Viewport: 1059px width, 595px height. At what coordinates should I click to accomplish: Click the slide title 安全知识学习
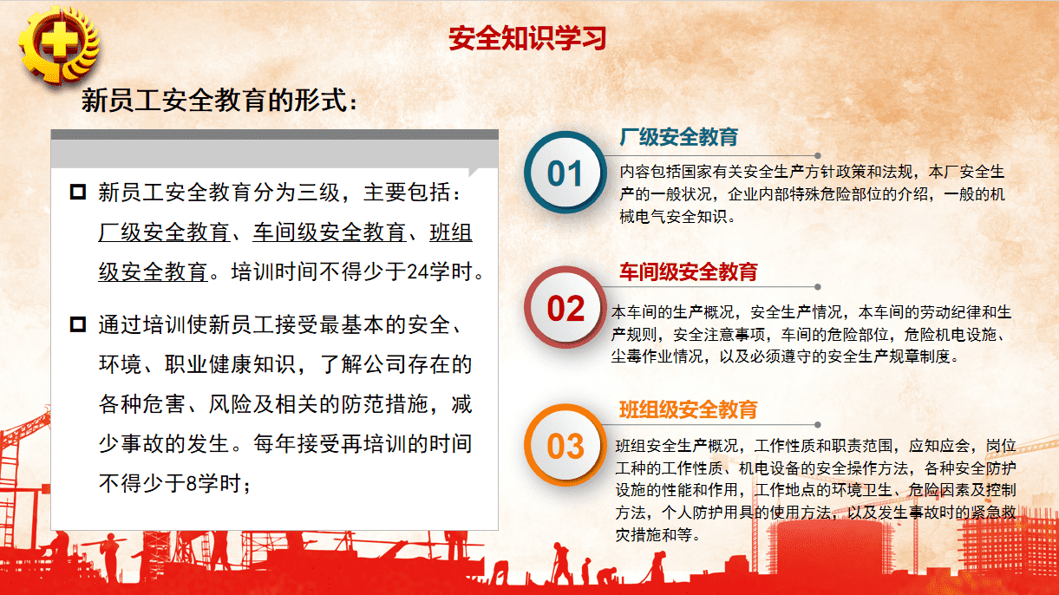[x=527, y=38]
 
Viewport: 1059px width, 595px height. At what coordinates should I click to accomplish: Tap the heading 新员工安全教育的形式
[x=219, y=101]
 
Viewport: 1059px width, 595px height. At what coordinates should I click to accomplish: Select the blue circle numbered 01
[x=565, y=173]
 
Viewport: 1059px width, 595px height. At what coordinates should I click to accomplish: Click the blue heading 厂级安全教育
[x=678, y=137]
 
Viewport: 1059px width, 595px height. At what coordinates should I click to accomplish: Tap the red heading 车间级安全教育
[x=688, y=271]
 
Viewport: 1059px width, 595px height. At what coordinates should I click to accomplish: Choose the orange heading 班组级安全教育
[x=688, y=409]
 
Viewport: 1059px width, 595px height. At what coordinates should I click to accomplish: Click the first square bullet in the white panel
[x=78, y=192]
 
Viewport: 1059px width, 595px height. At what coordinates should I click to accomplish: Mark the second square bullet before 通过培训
[x=78, y=325]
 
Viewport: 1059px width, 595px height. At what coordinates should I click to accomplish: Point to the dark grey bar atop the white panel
[x=274, y=134]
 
